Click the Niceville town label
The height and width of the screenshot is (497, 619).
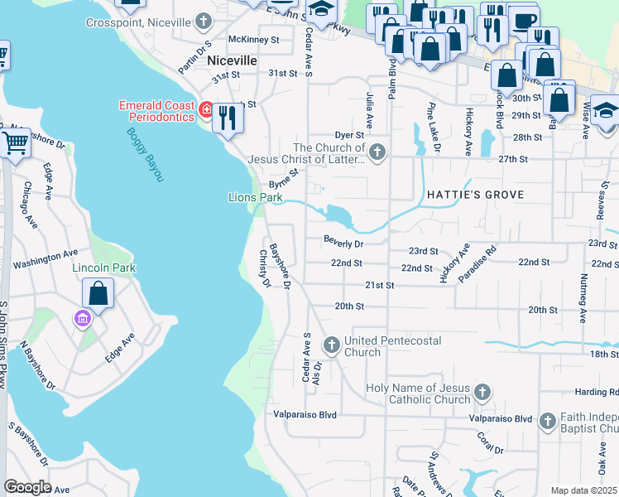coord(232,61)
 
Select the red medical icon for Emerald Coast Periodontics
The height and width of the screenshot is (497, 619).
coord(205,109)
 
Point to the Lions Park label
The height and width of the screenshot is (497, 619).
coord(256,197)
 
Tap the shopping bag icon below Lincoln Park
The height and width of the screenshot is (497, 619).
coord(98,293)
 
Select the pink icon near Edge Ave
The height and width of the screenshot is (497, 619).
coord(83,319)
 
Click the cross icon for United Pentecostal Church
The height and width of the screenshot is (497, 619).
coord(331,344)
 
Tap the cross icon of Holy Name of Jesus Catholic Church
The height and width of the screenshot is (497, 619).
coord(482,391)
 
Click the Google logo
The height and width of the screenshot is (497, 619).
coord(27,486)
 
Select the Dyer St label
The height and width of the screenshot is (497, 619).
coord(349,134)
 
